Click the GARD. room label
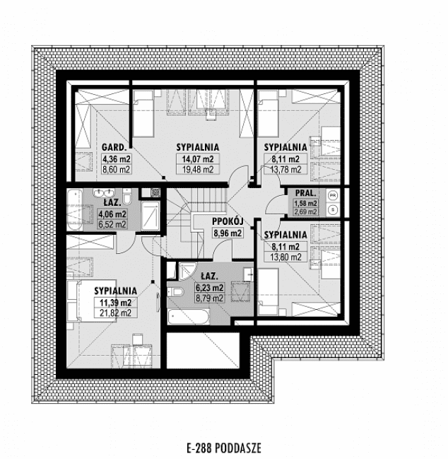point(114,147)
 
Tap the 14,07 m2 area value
point(198,159)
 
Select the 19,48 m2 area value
point(198,170)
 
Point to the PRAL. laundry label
point(305,193)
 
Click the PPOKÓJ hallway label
point(228,221)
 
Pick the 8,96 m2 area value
point(228,233)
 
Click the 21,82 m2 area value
point(115,313)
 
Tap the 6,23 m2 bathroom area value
point(210,288)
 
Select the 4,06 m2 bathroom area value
point(112,214)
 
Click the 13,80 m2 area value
point(285,257)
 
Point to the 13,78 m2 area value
point(285,170)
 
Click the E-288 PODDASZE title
point(224,448)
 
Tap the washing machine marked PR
point(333,195)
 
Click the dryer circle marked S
point(333,209)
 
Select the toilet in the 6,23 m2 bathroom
point(175,292)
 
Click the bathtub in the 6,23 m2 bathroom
point(189,318)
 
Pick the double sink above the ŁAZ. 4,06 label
point(103,192)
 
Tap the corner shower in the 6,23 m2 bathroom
point(187,271)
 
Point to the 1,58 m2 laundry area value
point(305,203)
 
